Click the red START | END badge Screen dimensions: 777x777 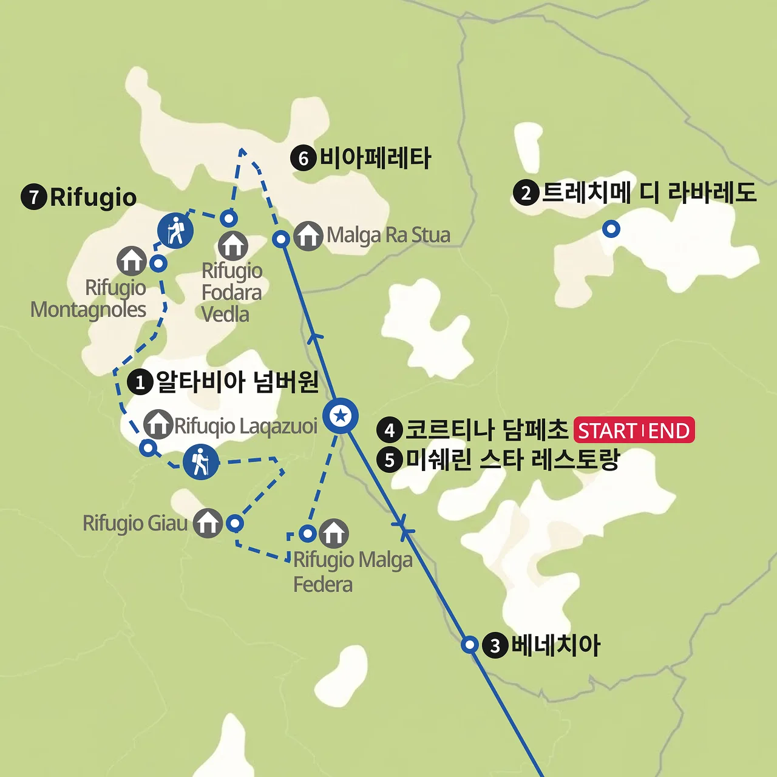point(634,430)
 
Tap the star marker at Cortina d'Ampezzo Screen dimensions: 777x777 point(341,416)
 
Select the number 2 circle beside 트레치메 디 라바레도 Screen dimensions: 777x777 point(526,193)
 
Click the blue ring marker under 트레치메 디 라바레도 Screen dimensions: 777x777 point(611,229)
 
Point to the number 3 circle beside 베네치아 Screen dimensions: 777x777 point(495,645)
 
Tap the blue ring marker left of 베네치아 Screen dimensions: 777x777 point(470,644)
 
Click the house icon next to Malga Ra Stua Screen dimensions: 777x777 point(308,236)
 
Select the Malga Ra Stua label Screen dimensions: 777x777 point(388,235)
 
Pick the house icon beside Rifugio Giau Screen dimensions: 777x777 point(208,523)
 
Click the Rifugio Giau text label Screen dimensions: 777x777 point(135,523)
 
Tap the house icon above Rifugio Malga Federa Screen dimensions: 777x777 point(333,534)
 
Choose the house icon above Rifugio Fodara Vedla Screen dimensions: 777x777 point(233,245)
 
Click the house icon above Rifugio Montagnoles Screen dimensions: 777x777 point(132,261)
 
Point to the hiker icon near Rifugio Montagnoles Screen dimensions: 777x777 point(175,231)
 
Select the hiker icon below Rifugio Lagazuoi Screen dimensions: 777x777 point(200,462)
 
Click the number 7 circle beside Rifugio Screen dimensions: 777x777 point(34,197)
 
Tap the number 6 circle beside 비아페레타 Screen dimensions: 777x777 point(304,158)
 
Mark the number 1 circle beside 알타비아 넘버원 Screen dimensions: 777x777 point(140,382)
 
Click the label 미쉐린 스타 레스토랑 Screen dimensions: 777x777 point(512,460)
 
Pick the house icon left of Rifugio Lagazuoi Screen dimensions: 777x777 point(158,424)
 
